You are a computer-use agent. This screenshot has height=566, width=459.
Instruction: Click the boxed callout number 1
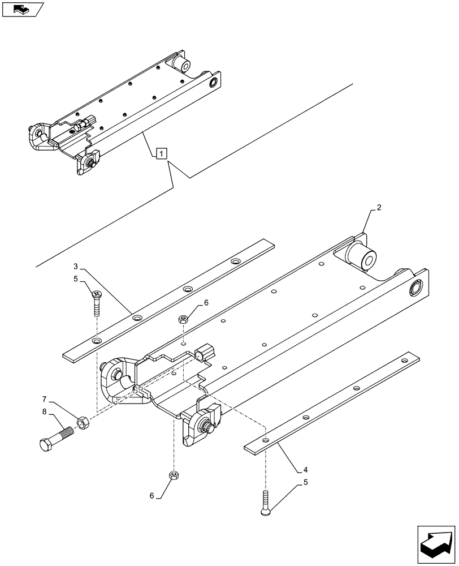(x=161, y=153)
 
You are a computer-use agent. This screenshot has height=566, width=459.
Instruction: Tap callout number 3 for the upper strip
(x=75, y=266)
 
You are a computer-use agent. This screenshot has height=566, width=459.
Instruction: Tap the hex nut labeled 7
(x=81, y=422)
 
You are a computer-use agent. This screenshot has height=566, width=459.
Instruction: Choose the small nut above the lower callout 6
(x=172, y=474)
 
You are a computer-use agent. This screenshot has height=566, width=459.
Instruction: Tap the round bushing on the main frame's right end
(x=415, y=288)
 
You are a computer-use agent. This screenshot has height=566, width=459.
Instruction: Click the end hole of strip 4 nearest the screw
(x=265, y=439)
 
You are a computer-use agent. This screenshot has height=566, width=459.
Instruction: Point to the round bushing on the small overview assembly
(x=214, y=83)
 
